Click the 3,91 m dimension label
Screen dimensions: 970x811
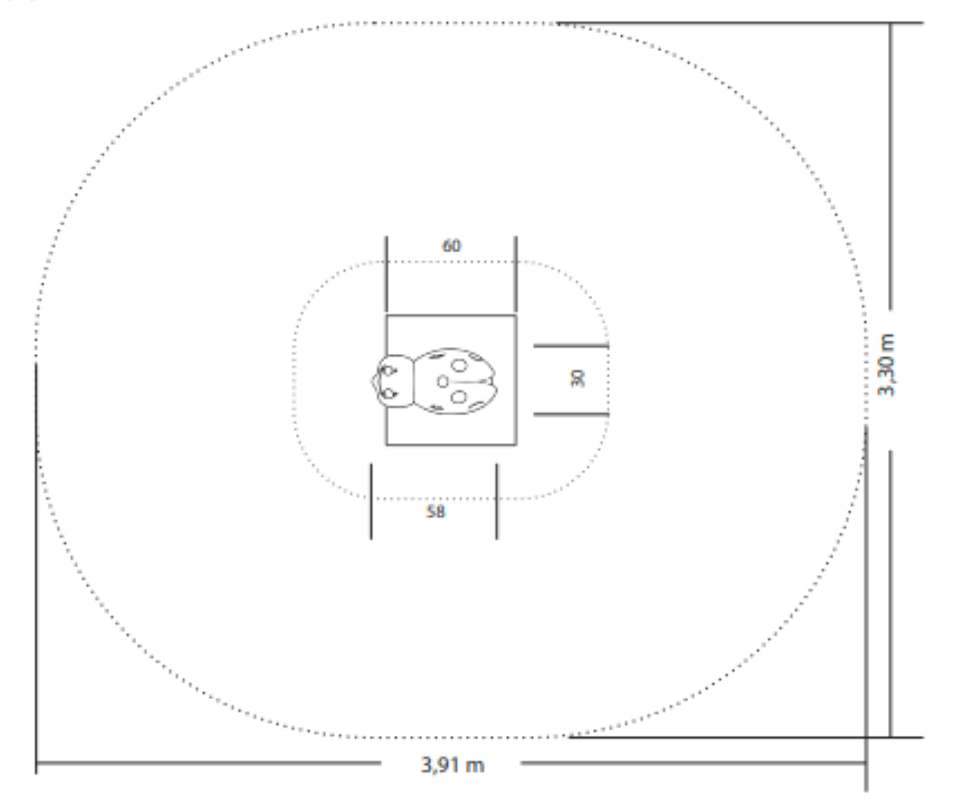(452, 764)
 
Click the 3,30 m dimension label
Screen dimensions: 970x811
(886, 365)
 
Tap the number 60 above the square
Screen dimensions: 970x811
(451, 246)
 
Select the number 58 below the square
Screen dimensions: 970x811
(435, 511)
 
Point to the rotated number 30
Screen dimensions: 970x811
(578, 378)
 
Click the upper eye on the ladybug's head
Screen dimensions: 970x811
(388, 371)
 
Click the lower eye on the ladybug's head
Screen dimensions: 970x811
(388, 394)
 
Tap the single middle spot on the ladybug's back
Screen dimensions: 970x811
(443, 381)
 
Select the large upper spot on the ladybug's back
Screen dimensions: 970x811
(459, 366)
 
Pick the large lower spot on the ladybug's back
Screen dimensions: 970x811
(459, 397)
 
